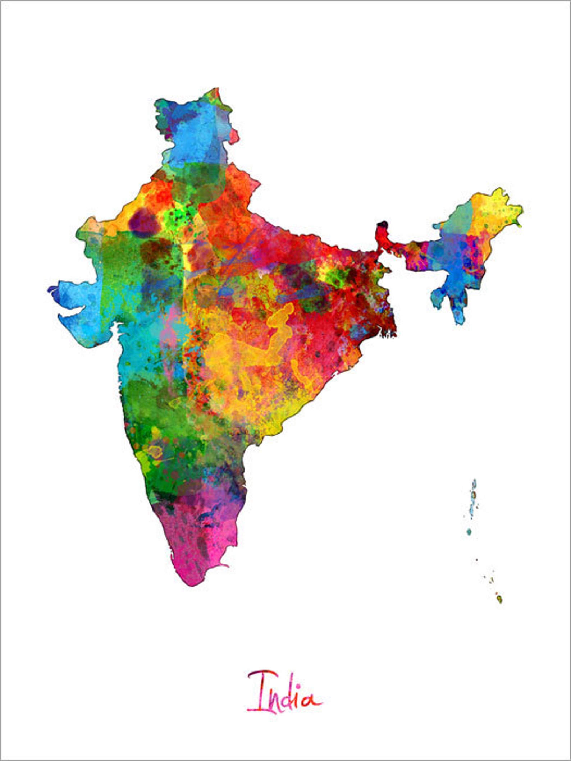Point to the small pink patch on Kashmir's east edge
tap(234, 136)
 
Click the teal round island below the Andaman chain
tap(469, 532)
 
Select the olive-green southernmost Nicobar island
tap(499, 599)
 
